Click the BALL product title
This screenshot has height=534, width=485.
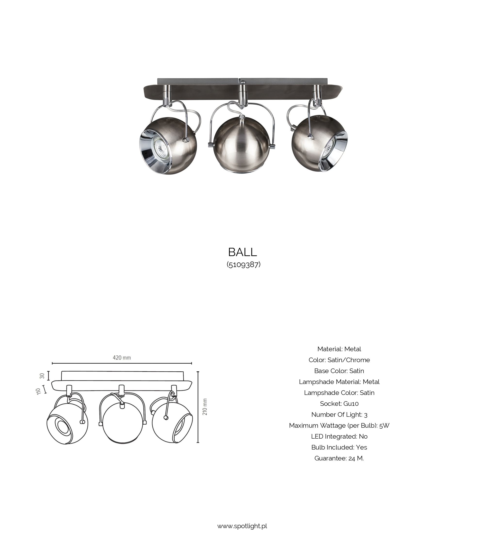[x=242, y=252]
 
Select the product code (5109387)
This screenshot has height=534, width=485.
[x=243, y=264]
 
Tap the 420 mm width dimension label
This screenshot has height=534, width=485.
[x=122, y=358]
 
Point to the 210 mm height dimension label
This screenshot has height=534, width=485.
[x=205, y=407]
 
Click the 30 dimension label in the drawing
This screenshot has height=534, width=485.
[x=42, y=375]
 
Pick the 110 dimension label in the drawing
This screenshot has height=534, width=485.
[x=39, y=391]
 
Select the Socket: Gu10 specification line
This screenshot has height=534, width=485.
[x=339, y=403]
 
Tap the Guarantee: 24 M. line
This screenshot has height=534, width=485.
[x=339, y=458]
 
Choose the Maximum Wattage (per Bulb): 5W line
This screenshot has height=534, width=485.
[x=339, y=426]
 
